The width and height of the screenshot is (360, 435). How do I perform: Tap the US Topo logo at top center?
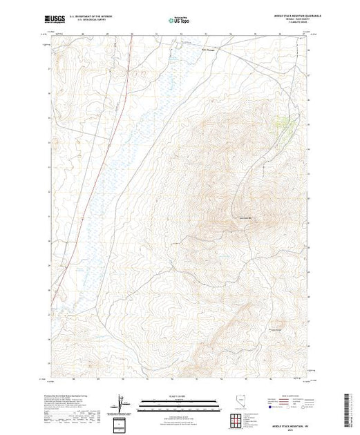[x=178, y=21]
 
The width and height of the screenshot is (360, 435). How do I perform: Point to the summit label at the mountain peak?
[x=244, y=220]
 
